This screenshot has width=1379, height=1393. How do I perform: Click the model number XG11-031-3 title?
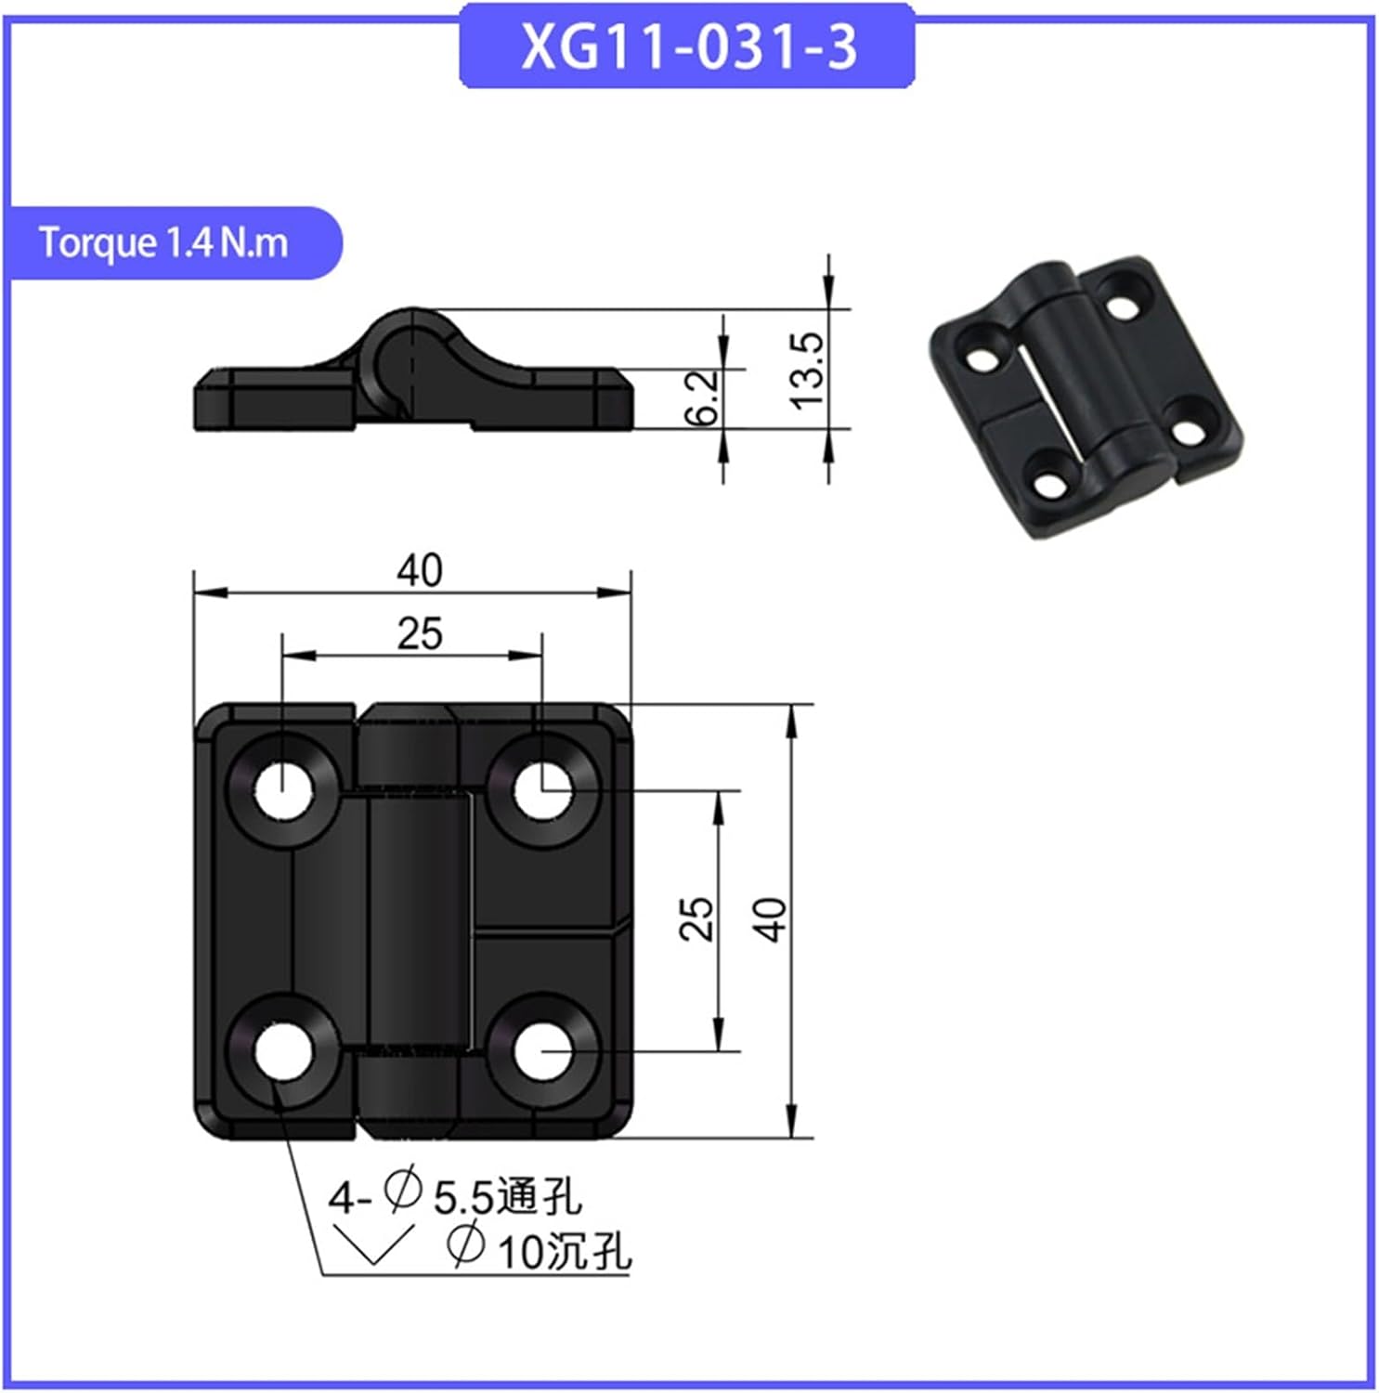pos(687,46)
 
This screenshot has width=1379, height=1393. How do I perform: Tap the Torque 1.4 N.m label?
pos(164,243)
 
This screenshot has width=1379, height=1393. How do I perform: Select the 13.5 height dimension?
pos(807,370)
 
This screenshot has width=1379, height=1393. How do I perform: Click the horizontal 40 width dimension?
pos(419,570)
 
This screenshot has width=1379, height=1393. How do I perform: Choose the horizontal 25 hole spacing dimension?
pos(419,634)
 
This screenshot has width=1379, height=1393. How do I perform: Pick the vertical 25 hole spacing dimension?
pos(696,919)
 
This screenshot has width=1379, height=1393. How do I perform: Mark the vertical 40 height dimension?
pos(770,919)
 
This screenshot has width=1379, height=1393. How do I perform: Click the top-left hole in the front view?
pos(283,791)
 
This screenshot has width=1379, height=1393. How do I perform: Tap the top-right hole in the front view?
pos(542,791)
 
